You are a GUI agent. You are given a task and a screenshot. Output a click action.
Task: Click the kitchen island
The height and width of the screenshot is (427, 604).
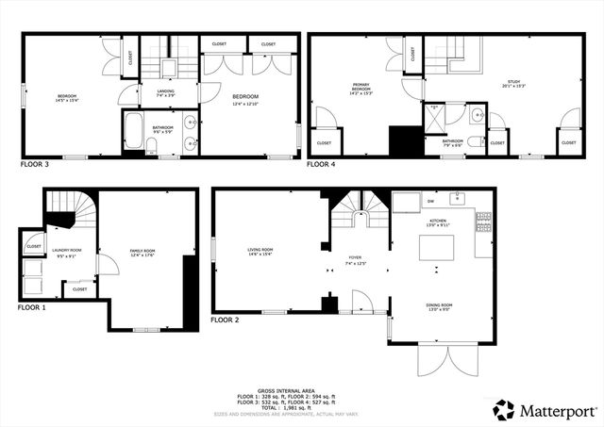[x=438, y=250]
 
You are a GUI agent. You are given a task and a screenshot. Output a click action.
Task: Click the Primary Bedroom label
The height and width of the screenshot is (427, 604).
[x=361, y=90]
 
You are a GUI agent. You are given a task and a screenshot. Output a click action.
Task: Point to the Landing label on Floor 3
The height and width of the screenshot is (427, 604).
[x=164, y=92]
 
